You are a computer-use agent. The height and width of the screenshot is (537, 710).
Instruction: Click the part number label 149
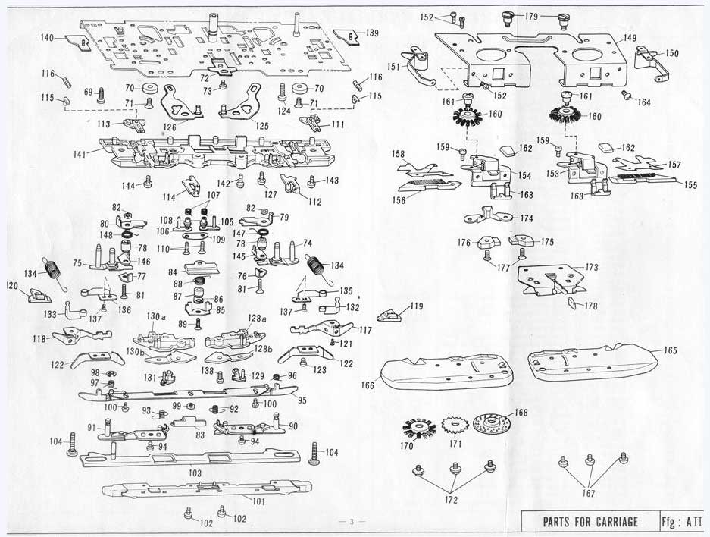630,38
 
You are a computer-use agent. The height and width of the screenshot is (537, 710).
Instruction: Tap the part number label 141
80,155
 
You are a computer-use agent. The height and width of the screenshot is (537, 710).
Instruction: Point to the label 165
671,350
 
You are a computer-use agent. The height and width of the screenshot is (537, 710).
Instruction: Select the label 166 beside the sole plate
368,385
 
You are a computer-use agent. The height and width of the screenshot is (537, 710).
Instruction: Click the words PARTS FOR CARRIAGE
590,522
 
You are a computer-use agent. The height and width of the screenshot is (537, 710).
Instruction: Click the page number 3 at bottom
352,522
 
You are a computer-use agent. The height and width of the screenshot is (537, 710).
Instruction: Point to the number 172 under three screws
451,500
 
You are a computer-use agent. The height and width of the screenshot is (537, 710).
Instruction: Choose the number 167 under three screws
589,493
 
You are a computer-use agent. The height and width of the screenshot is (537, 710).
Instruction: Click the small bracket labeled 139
347,36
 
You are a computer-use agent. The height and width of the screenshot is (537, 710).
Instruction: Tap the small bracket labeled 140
78,42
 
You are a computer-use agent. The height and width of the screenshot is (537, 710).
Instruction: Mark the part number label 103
195,473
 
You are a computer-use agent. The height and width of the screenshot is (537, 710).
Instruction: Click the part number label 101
258,501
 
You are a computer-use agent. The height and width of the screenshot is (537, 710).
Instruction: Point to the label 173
591,268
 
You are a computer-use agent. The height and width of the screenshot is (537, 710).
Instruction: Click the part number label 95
302,400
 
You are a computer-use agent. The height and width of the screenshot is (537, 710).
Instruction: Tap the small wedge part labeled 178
572,303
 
